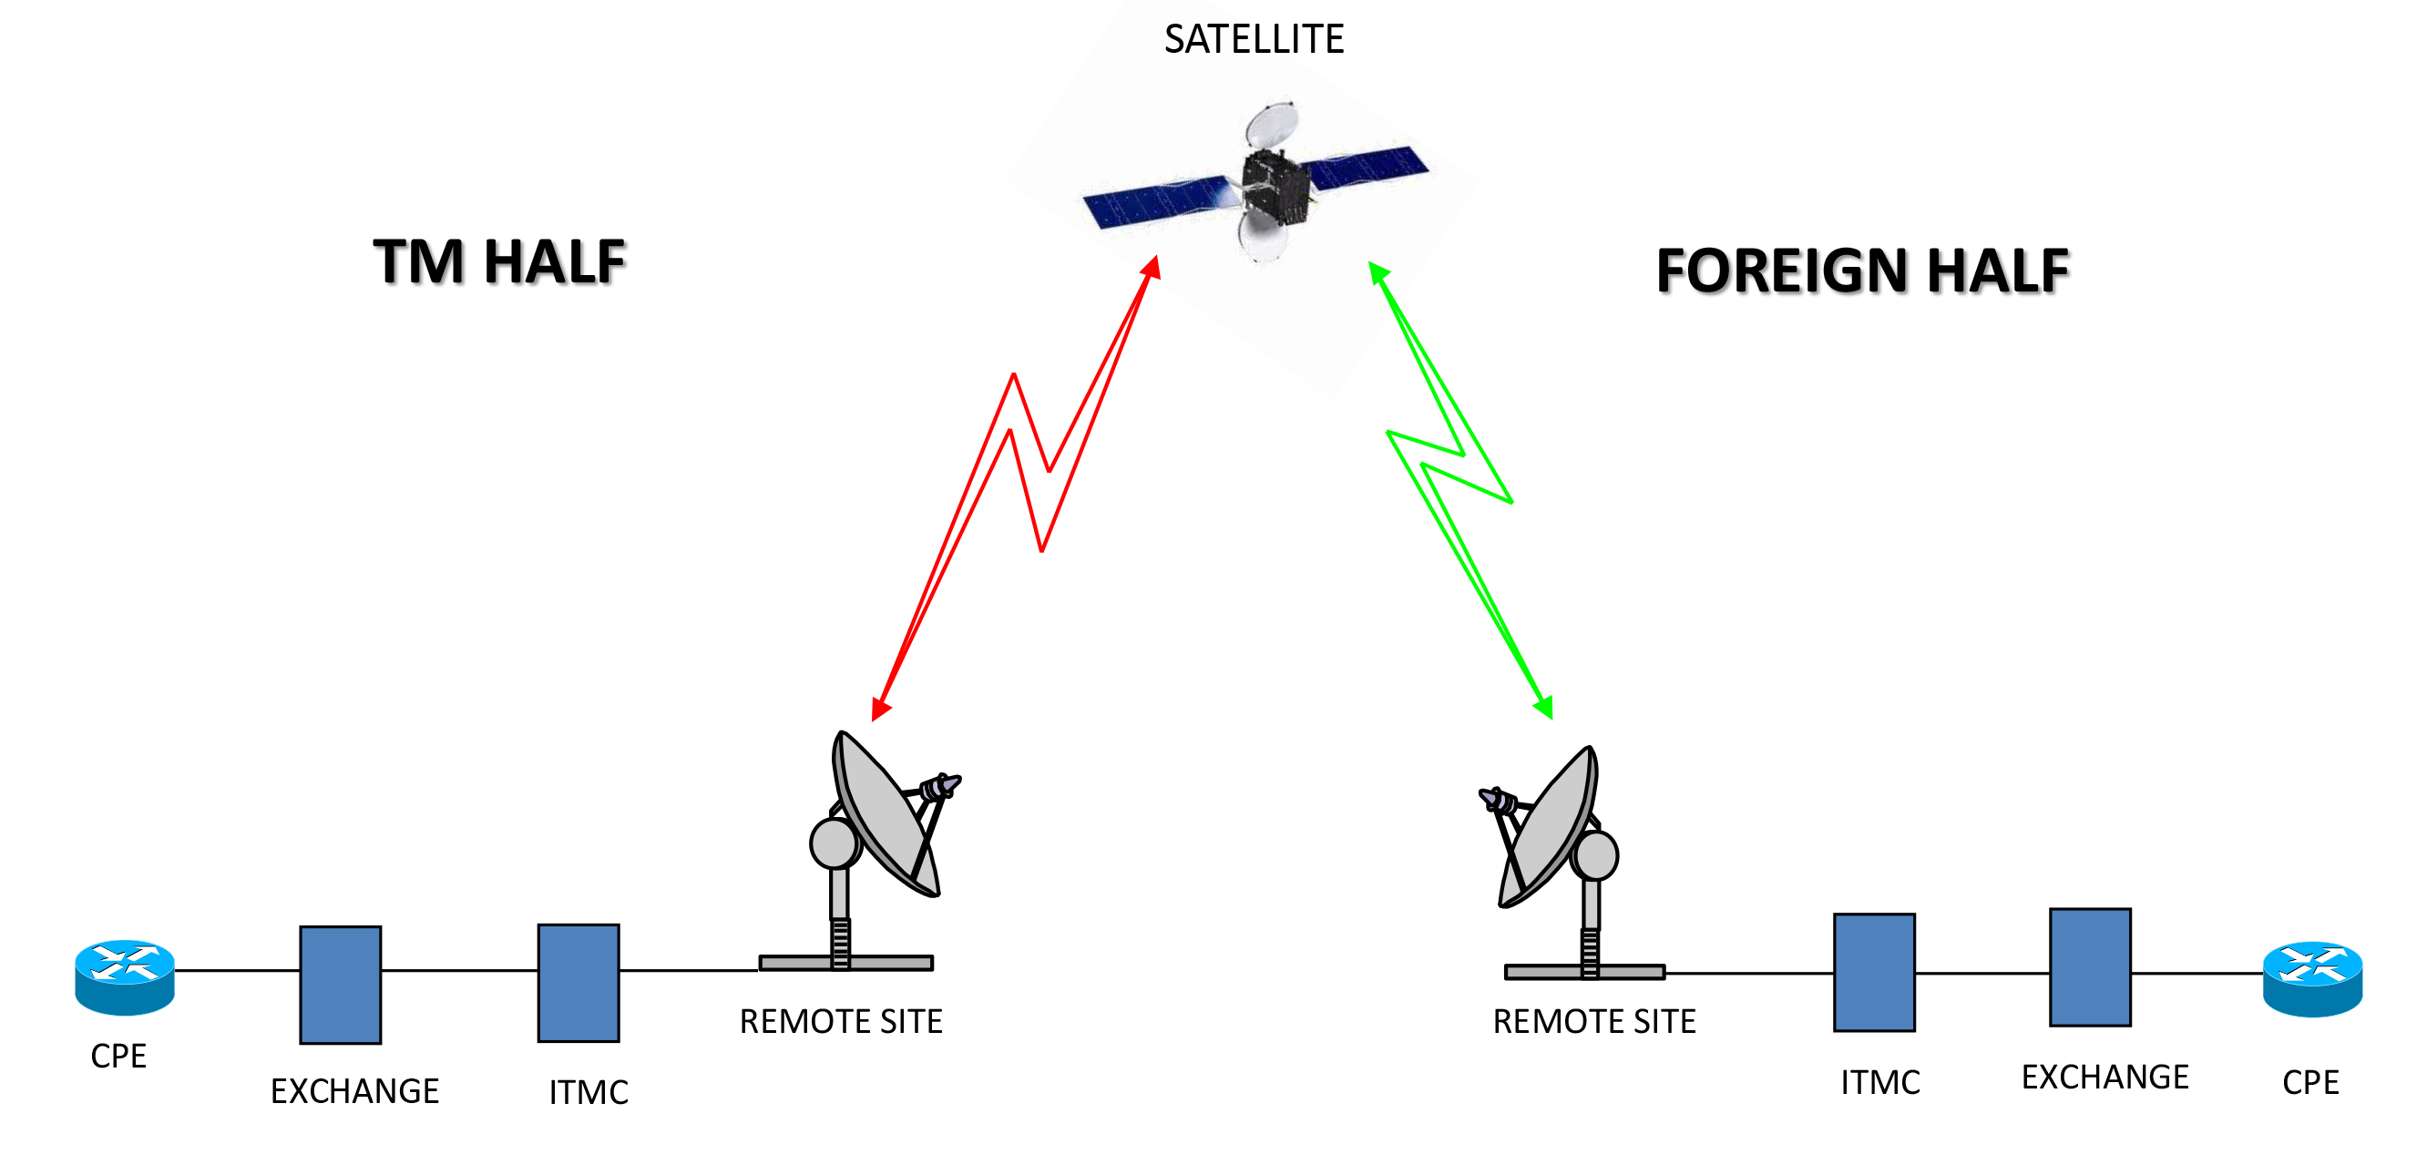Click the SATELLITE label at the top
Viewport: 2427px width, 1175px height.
(1254, 39)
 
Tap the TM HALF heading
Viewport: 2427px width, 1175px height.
(499, 262)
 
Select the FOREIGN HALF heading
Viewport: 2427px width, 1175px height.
(1863, 271)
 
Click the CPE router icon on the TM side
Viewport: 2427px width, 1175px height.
(125, 977)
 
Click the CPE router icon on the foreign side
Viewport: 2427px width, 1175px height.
(2312, 980)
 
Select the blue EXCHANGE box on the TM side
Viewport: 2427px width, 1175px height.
(340, 985)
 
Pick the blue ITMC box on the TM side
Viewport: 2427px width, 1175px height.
(579, 983)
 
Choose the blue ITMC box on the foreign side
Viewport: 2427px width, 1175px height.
(1874, 973)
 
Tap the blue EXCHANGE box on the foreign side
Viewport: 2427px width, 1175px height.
(2090, 967)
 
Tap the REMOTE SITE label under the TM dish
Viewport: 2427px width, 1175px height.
(840, 1021)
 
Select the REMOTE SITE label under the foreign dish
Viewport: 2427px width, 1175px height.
(1594, 1021)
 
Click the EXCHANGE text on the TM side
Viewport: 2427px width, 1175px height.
(354, 1091)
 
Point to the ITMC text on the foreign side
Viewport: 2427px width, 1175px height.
(1880, 1083)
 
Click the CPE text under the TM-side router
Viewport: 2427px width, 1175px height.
(118, 1057)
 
